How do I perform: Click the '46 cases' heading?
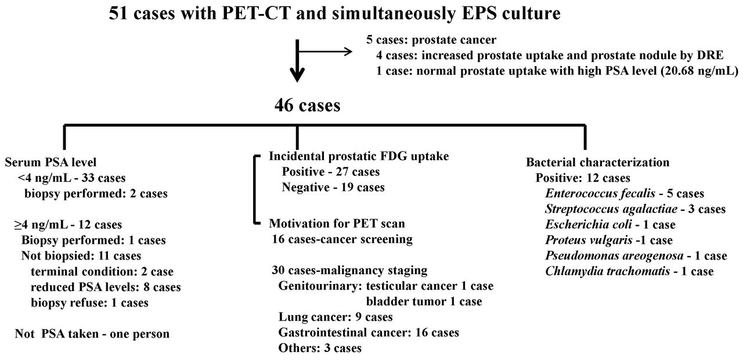pos(308,106)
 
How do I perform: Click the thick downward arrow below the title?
pos(297,61)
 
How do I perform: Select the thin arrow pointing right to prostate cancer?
pos(326,52)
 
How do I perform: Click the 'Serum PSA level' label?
pos(51,162)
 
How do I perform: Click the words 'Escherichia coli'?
pos(588,225)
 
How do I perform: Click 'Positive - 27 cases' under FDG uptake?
pos(331,171)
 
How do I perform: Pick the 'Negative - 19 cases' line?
pos(333,187)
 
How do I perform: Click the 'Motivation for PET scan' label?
pos(337,224)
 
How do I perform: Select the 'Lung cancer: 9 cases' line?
pos(336,317)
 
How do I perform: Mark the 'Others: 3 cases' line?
pos(320,348)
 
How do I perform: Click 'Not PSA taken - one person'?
pos(92,334)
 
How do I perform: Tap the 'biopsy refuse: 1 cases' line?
pos(89,303)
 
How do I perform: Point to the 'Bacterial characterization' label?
pos(597,162)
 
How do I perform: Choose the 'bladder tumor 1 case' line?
pos(424,301)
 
